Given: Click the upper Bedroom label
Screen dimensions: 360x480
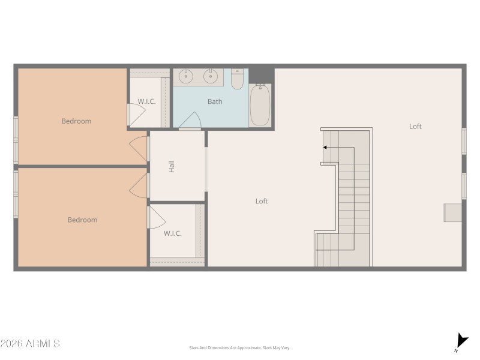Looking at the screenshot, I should [76, 121].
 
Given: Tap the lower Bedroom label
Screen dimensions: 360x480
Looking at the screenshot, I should [82, 220].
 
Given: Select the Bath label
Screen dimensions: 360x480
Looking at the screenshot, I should [215, 102].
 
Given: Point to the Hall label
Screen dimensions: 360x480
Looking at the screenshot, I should [172, 166].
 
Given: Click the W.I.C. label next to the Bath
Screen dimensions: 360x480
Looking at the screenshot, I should [146, 102].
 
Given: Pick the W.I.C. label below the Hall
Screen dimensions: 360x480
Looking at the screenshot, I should [173, 233].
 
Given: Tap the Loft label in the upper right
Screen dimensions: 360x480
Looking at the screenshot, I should [415, 127].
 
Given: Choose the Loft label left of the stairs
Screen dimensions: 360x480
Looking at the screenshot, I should [262, 202].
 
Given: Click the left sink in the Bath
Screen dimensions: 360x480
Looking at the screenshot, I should [186, 76].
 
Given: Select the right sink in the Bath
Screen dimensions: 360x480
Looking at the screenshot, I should [210, 76].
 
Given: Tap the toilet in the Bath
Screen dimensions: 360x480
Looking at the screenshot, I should [238, 79].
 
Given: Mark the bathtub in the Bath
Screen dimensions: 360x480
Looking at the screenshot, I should [260, 105].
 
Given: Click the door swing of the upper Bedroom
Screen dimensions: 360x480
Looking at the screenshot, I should [139, 149].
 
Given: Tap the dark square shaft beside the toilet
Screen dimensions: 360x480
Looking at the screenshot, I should [261, 75].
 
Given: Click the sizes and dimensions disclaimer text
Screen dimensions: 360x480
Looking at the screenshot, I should [239, 348].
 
